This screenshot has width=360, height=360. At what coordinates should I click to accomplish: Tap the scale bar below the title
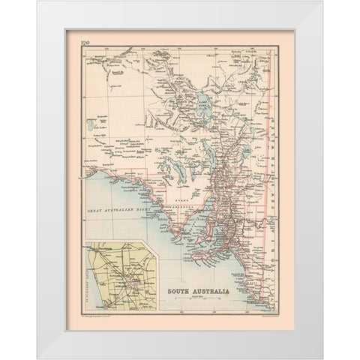203,298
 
